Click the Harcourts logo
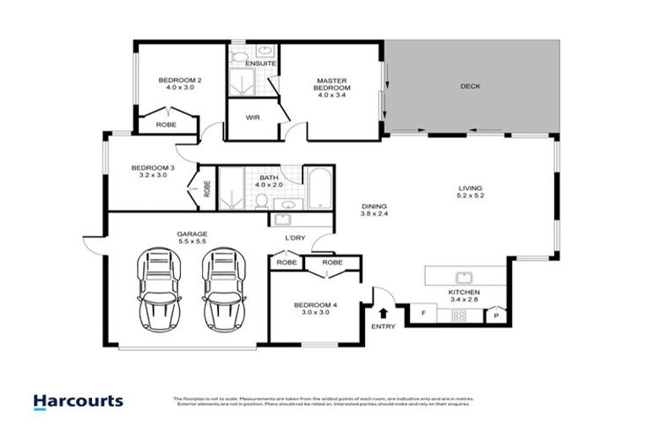coord(78,401)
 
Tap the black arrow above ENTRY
coord(383,313)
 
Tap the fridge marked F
coord(423,315)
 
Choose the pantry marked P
coord(497,315)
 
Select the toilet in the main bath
coord(264,200)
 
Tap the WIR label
coord(252,118)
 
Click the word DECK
coord(471,86)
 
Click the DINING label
coord(374,206)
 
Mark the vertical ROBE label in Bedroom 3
coord(206,188)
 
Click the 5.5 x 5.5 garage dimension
coord(192,241)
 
